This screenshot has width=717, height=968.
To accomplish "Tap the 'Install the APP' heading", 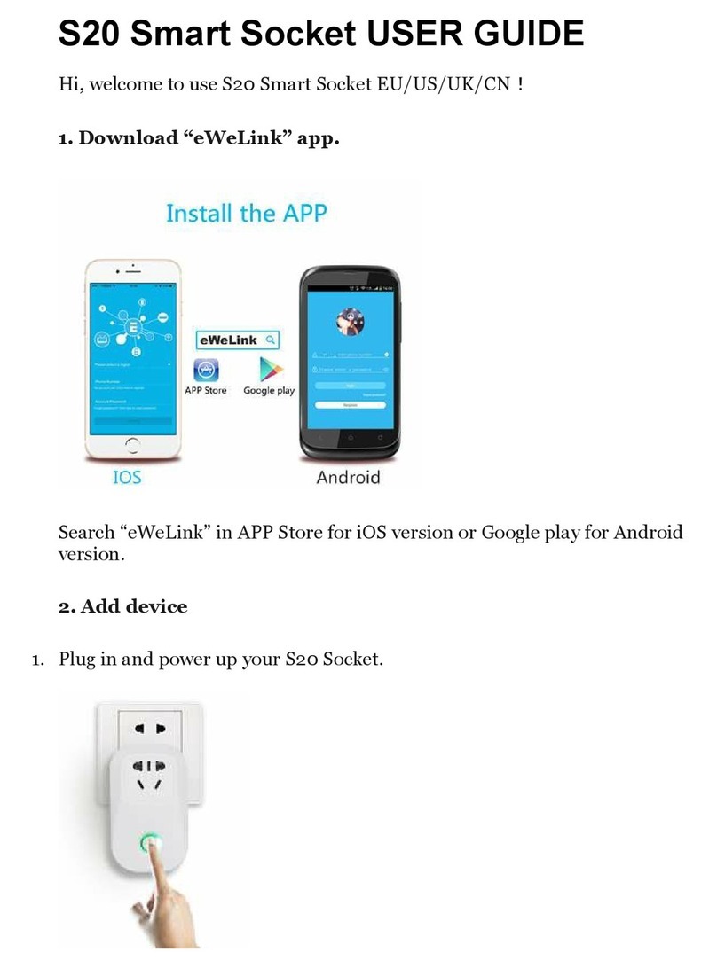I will click(247, 213).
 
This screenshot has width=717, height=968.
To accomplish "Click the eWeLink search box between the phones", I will click(238, 340).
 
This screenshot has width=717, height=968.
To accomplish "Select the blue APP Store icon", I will click(206, 369).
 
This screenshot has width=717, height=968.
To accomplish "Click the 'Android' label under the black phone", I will click(348, 477).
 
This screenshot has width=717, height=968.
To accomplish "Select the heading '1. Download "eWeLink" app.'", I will click(199, 139).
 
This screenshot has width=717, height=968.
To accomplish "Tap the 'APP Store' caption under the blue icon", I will click(205, 391).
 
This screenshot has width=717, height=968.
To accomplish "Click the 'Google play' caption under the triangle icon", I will click(269, 391).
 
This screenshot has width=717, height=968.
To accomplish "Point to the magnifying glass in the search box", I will click(271, 340).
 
